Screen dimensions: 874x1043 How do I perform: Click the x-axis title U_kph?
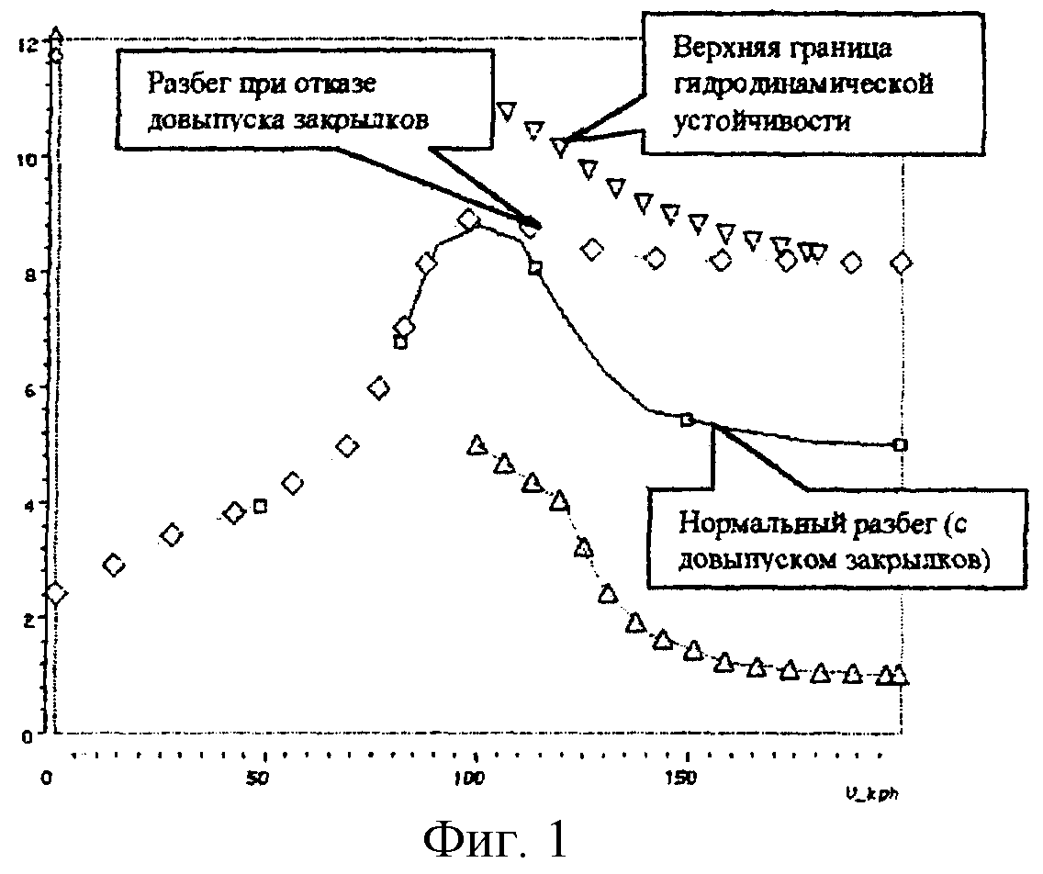pyautogui.click(x=872, y=790)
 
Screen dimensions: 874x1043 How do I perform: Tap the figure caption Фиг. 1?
pyautogui.click(x=498, y=837)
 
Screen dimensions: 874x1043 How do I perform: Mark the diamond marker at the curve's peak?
pyautogui.click(x=469, y=220)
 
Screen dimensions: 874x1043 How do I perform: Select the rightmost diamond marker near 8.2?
pyautogui.click(x=902, y=263)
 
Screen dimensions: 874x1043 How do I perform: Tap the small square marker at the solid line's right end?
pyautogui.click(x=901, y=444)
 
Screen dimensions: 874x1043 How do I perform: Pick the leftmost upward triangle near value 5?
pyautogui.click(x=476, y=445)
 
